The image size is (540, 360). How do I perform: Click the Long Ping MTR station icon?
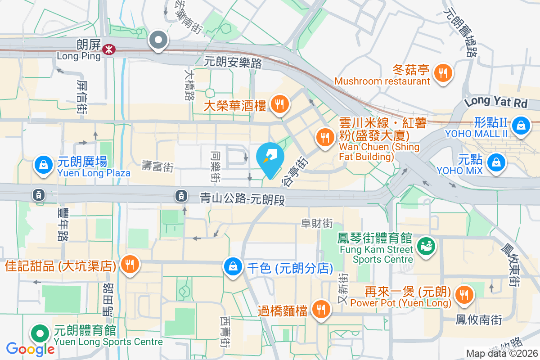[x=108, y=49]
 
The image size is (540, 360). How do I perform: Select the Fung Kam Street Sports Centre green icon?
[x=425, y=246]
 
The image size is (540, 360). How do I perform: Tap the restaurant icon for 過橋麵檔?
[x=321, y=309]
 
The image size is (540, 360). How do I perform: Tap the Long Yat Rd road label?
[x=495, y=103]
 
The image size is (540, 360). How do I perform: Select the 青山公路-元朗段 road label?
[x=243, y=198]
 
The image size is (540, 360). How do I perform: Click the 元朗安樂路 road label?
[x=233, y=63]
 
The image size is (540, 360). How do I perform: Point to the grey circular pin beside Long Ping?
[x=158, y=40]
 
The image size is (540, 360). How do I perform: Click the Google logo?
[x=30, y=348]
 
